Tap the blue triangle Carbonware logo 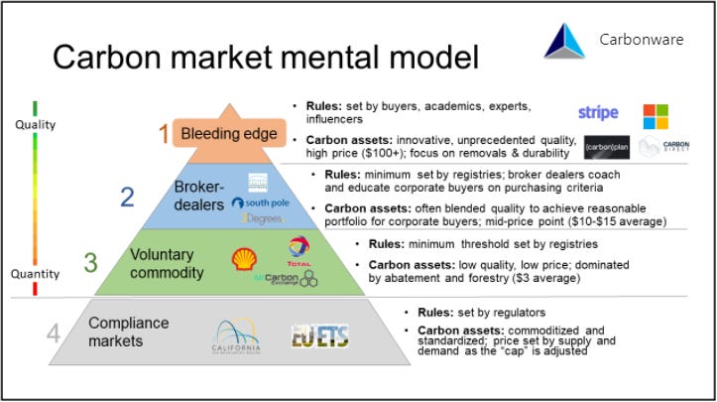tap(566, 40)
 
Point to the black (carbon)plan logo tap(606, 147)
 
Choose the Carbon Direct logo tap(663, 147)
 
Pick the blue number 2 tap(127, 196)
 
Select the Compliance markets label tap(129, 332)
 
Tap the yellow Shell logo tap(242, 258)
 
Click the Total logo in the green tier tap(299, 249)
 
